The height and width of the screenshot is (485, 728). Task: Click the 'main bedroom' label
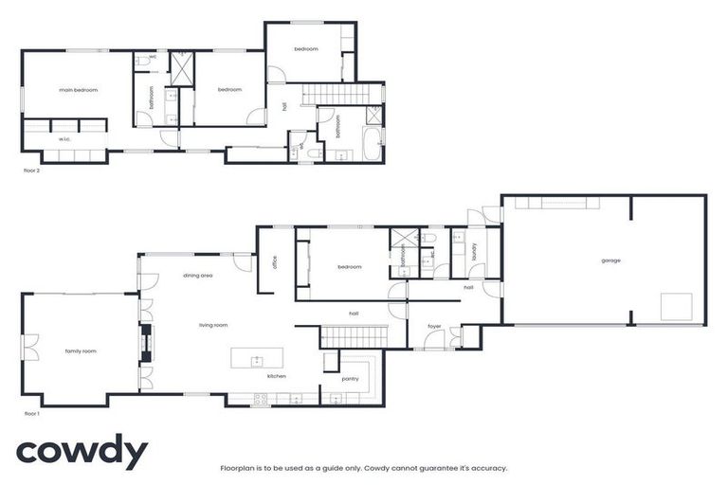[78, 90]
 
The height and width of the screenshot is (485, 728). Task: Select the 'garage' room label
[610, 260]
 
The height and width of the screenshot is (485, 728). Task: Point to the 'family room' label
[80, 351]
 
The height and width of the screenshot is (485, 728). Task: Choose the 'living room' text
[213, 325]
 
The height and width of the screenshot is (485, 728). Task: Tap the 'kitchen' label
[276, 376]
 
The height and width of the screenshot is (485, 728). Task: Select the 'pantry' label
[350, 378]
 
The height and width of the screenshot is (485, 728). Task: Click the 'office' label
[273, 262]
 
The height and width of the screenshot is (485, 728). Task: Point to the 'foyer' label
[434, 327]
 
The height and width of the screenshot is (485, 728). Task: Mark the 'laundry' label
[472, 250]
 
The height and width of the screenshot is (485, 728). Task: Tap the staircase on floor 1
[354, 334]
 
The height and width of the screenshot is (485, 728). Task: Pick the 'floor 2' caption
[31, 171]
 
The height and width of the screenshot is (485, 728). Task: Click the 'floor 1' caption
[31, 414]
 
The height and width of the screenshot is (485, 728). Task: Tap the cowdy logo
[82, 453]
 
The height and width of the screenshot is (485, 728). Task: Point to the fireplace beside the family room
[145, 344]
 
